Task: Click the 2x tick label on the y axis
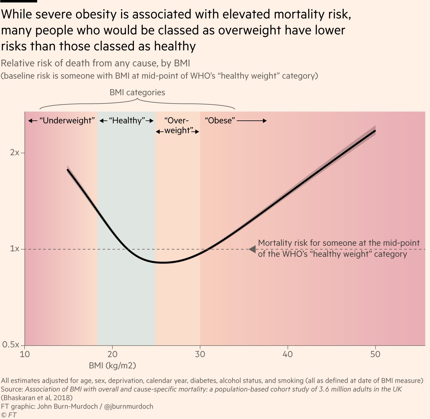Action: point(14,152)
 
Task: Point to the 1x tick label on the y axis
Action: point(14,249)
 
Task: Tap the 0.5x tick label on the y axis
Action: point(11,345)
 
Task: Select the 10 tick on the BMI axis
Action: point(25,354)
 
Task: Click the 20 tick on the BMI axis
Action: point(112,354)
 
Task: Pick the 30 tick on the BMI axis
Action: point(200,354)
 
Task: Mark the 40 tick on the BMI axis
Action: point(287,354)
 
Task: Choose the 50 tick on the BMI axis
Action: point(375,354)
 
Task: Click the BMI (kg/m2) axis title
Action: point(112,366)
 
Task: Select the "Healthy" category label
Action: point(127,120)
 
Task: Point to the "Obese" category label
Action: point(220,120)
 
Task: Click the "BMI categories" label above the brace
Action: point(137,92)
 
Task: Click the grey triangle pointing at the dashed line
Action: point(252,249)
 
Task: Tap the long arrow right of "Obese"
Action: point(252,121)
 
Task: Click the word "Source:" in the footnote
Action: point(12,389)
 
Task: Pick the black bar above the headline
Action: point(18,1)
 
